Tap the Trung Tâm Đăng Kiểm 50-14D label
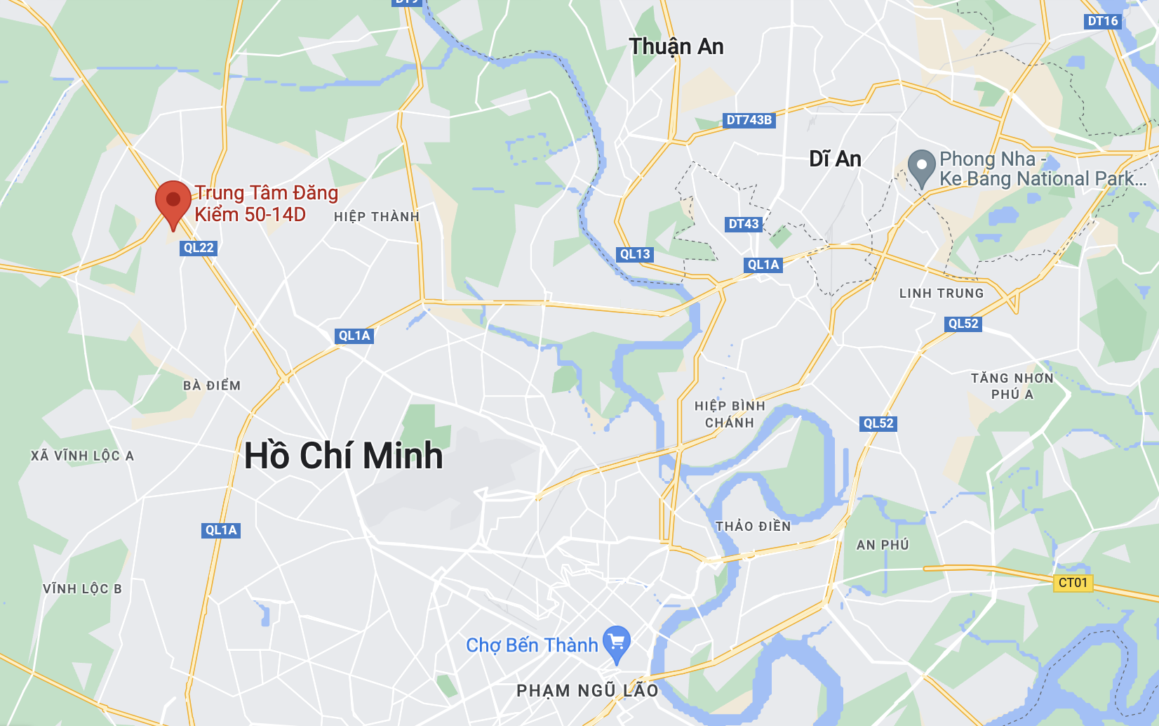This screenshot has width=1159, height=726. point(265,204)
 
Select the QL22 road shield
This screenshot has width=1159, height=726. point(199,248)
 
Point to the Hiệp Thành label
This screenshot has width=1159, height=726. point(377,217)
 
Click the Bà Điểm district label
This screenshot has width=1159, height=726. point(212,385)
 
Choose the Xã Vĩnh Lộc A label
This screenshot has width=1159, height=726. point(82,456)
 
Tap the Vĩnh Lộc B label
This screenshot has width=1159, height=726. point(82,589)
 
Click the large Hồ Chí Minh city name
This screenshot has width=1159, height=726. point(344,456)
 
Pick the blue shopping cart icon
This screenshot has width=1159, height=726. point(617,643)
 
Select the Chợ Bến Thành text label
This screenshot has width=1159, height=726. point(532,645)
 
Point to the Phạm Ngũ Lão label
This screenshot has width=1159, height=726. point(587,691)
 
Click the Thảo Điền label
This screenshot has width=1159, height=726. point(753,527)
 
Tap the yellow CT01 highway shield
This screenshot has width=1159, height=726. point(1073,583)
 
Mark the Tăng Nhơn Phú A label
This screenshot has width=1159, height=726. point(1012,386)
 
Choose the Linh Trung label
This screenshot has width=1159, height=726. point(942,293)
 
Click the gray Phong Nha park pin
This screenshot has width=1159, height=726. point(921,168)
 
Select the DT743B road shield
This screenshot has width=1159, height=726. point(749,120)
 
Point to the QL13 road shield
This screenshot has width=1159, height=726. point(635,254)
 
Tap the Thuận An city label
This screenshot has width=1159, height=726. point(676,47)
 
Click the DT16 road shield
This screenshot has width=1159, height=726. point(1102,21)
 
